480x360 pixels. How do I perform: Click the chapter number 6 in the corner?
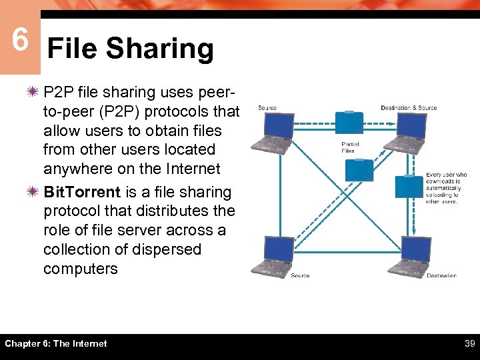20,39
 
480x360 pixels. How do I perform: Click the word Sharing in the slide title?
160,49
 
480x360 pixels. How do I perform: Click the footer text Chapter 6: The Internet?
56,343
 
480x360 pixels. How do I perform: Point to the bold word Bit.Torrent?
81,192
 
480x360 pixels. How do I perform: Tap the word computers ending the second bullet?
80,269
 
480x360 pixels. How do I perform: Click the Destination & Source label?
409,108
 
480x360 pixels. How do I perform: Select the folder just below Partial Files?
359,170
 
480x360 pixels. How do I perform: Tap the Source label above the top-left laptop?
267,108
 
